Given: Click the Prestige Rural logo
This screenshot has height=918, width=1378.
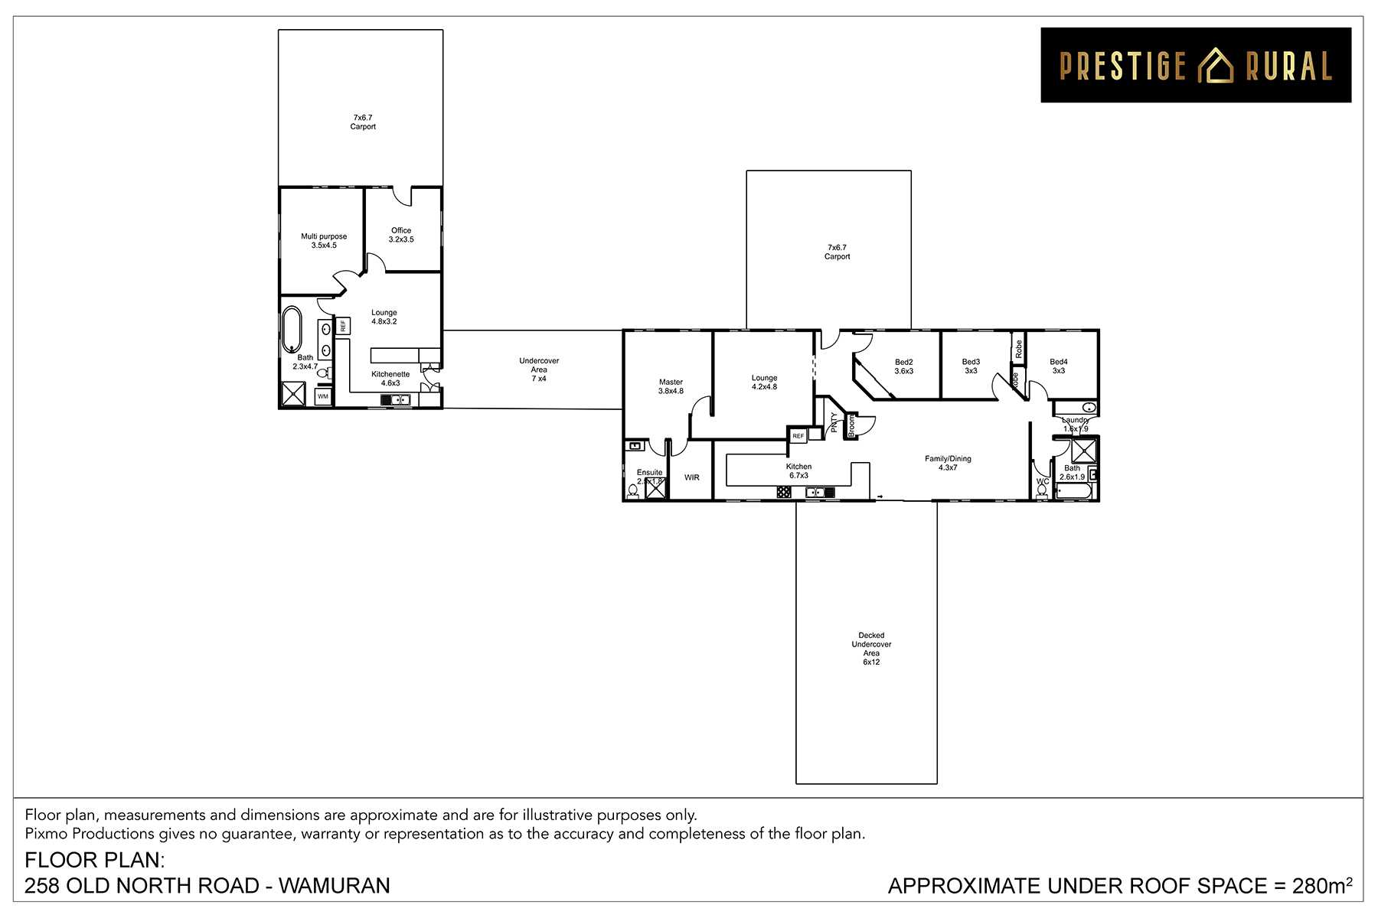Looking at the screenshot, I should (1195, 65).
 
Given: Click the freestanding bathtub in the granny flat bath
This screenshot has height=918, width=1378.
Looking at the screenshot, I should (292, 329).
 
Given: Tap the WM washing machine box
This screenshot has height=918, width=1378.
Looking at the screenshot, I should (323, 397).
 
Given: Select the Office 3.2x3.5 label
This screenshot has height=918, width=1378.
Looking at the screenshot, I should (401, 235).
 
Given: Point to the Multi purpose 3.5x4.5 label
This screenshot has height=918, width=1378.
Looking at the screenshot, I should (324, 241).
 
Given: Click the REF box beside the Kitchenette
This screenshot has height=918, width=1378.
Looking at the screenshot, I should (343, 326).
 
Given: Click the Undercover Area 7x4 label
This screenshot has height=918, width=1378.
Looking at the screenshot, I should (539, 369).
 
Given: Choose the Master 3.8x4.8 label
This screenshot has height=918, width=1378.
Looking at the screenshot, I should (671, 386).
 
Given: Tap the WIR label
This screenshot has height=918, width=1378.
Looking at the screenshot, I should (691, 477).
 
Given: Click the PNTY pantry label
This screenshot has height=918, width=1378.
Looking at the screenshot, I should (834, 422).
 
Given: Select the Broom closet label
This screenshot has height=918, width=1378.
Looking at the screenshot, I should (851, 425).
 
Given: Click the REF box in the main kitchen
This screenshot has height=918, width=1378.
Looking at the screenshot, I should (798, 436).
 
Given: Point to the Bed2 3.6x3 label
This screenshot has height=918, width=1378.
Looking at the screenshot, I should (903, 366).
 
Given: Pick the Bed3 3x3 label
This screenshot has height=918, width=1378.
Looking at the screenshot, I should (971, 366).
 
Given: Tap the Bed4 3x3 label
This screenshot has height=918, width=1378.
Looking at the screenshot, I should (1058, 366).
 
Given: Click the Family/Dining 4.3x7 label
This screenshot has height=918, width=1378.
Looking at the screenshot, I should (948, 463).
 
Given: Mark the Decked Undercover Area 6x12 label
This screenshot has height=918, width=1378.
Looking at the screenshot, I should (871, 649).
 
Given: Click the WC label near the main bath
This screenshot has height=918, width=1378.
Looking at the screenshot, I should (1042, 482).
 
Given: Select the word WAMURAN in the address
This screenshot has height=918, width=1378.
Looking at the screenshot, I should (335, 886).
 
